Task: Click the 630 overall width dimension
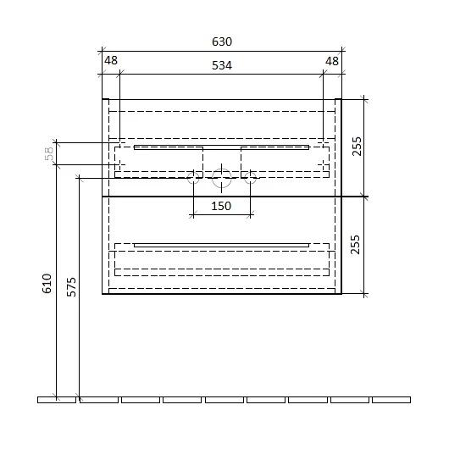[x=222, y=42]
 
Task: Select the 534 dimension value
[x=222, y=65]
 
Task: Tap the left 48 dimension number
[x=111, y=60]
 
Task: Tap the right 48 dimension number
[x=332, y=61]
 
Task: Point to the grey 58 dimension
[x=49, y=153]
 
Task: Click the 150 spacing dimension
[x=221, y=206]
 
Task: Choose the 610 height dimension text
[x=47, y=284]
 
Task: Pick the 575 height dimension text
[x=71, y=286]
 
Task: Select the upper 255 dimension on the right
[x=357, y=147]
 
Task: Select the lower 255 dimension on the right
[x=355, y=245]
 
